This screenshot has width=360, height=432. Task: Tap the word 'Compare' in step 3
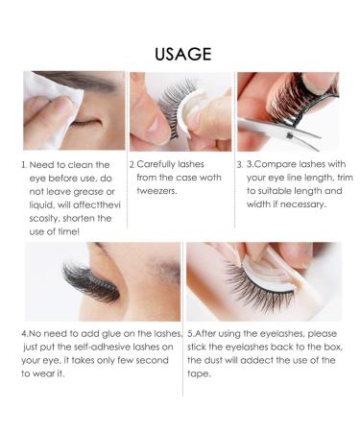277,164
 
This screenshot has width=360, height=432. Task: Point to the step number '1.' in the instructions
26,164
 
